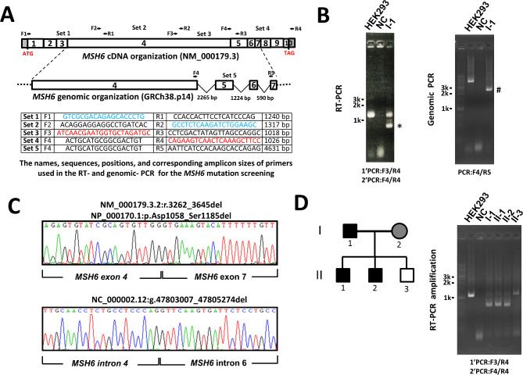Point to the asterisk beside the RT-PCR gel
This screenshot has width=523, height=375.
click(422, 126)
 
